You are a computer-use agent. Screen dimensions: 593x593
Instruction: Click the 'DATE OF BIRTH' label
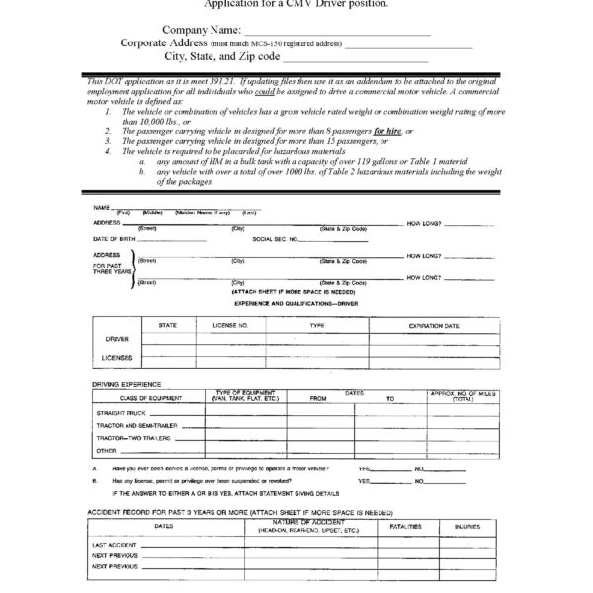[117, 239]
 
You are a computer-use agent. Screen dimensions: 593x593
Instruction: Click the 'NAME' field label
[100, 207]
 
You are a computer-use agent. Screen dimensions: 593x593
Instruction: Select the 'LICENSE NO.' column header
[230, 324]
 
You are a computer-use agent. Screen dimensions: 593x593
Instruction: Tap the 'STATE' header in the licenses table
[167, 324]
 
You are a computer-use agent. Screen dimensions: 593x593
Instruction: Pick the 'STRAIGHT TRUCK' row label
[122, 412]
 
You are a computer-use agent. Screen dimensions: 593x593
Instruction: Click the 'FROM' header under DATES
[318, 398]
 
